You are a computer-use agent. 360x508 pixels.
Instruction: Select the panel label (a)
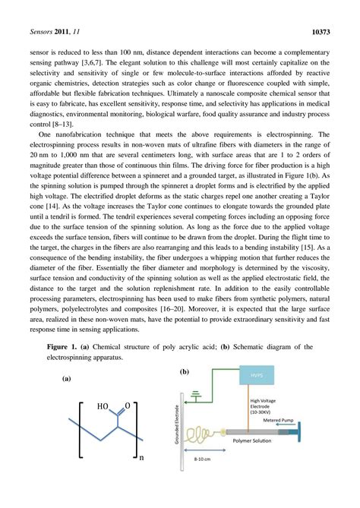[x=66, y=377]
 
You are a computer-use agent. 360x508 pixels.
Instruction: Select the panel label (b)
[x=184, y=372]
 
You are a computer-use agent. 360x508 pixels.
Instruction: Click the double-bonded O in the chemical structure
[x=127, y=406]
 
